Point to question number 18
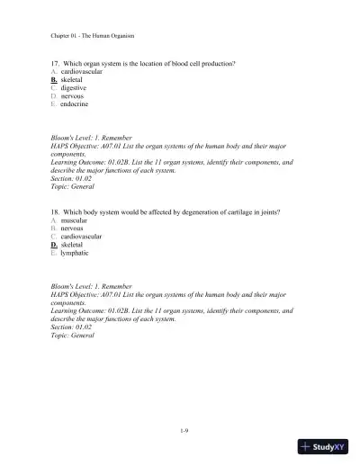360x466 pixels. [x=56, y=212]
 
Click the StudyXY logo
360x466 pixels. [x=328, y=447]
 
